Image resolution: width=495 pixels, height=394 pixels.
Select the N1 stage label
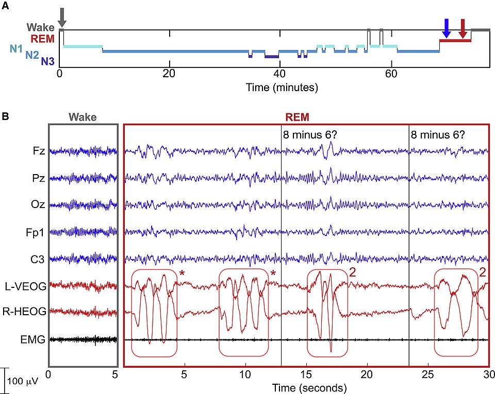click(15, 49)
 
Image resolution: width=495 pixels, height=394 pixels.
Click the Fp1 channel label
click(37, 231)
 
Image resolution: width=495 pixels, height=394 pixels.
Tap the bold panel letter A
click(5, 6)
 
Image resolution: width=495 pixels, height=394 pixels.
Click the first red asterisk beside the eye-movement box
click(181, 273)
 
